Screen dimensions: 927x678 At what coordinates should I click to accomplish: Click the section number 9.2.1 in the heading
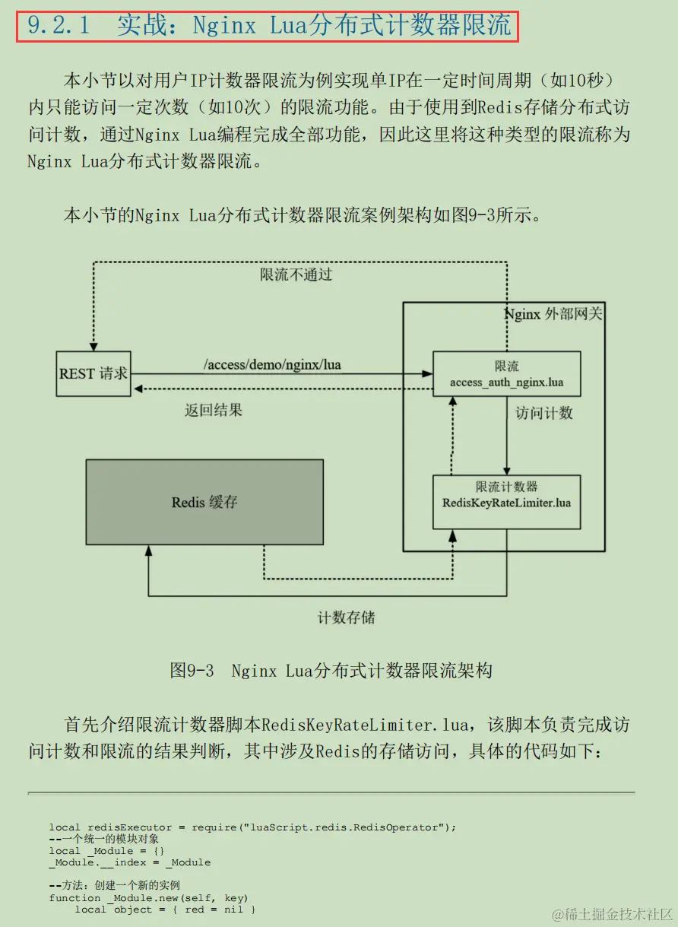pos(59,26)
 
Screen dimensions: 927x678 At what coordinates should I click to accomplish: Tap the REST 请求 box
pos(93,373)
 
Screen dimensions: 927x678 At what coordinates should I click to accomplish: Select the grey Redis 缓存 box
pos(204,502)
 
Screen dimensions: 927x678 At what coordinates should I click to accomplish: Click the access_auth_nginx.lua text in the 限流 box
pos(506,382)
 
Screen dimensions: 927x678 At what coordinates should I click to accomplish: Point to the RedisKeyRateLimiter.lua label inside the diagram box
pos(506,503)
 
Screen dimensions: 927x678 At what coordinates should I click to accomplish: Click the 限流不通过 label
pos(296,275)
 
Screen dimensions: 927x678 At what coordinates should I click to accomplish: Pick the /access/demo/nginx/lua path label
pos(272,365)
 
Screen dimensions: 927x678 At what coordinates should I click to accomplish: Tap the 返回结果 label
pos(214,410)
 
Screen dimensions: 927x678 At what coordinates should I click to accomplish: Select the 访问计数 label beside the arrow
pos(544,413)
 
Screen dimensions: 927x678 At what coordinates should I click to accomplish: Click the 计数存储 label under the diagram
pos(346,617)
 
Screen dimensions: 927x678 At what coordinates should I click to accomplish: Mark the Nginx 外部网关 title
pos(553,314)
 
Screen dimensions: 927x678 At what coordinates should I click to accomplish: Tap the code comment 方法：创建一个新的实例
pos(114,886)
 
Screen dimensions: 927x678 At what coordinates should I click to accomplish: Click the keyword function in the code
pos(74,898)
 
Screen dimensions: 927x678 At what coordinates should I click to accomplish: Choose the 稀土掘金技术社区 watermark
pos(613,913)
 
